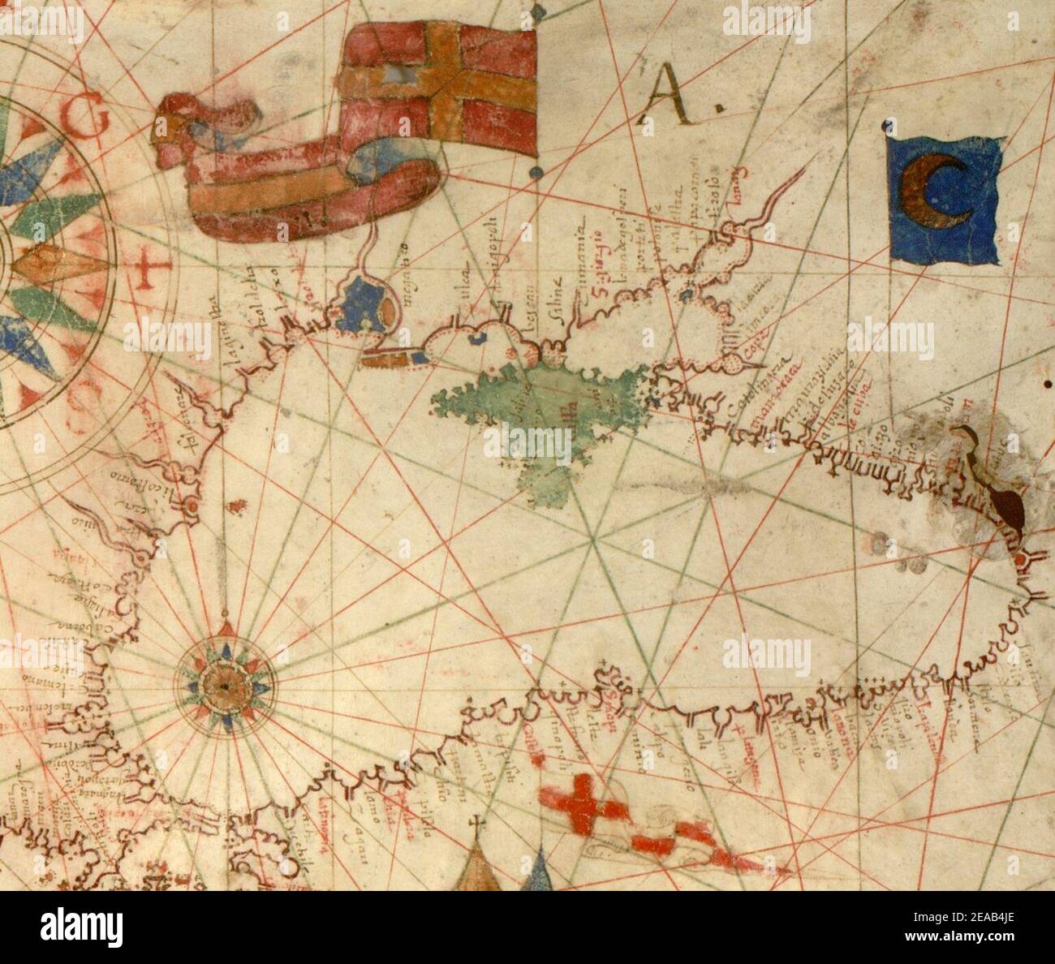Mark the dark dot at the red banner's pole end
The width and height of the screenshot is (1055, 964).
[536, 172]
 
